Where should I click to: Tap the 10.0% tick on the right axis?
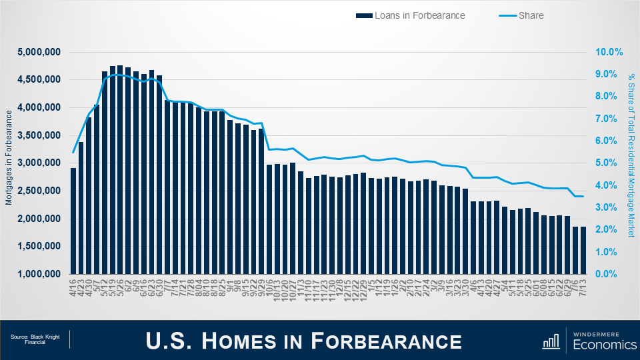[x=609, y=52]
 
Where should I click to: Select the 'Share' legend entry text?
[x=531, y=15]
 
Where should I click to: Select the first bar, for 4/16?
[x=73, y=221]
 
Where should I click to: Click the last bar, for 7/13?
[x=583, y=250]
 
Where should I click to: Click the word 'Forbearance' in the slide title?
[x=386, y=341]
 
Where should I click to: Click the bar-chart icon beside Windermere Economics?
[x=551, y=341]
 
